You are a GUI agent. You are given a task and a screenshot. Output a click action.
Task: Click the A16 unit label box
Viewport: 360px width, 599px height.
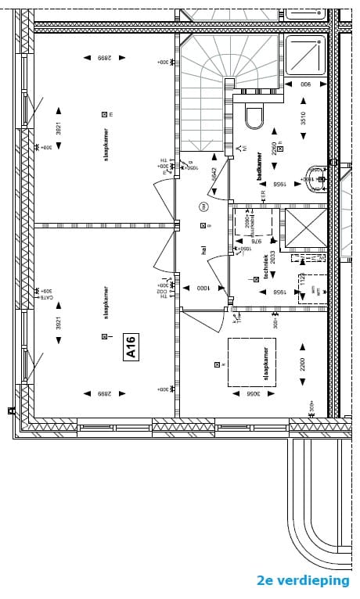131,346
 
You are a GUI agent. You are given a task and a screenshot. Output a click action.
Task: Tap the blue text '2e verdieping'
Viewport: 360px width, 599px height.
303,580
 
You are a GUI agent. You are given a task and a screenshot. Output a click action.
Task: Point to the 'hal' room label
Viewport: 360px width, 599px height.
203,249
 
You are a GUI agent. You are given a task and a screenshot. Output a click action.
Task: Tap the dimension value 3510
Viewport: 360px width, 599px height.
303,118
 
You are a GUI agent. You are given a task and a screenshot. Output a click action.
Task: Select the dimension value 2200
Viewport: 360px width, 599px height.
302,364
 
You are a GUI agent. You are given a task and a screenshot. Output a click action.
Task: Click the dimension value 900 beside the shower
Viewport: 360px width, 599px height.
306,84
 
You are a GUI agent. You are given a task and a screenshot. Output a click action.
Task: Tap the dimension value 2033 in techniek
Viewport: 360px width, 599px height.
273,257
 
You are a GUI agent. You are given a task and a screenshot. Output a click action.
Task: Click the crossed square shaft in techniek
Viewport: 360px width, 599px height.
306,227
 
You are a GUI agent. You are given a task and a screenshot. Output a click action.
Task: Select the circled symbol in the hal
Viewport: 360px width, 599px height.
203,207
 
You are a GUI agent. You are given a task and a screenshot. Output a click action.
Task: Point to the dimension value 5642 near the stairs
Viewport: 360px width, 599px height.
214,174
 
